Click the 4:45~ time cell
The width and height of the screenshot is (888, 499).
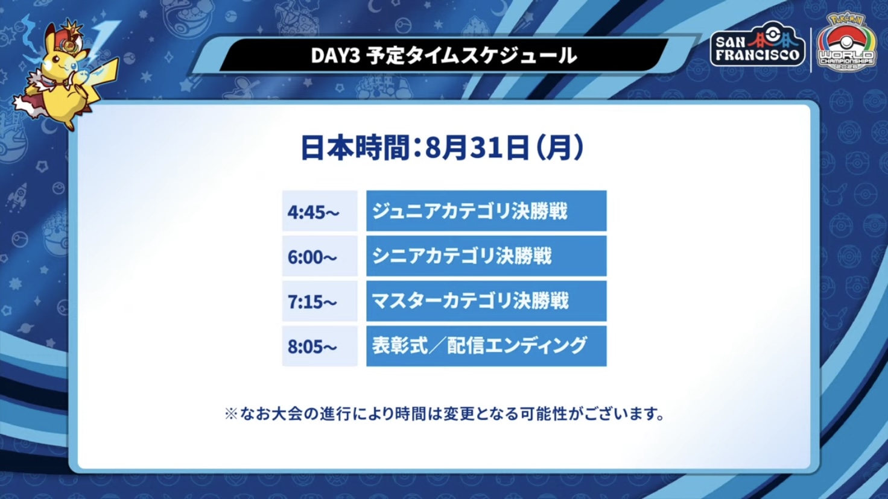(320, 211)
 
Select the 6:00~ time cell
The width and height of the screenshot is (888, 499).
(320, 256)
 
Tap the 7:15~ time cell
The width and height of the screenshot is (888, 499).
(320, 301)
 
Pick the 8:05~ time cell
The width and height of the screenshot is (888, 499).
(320, 346)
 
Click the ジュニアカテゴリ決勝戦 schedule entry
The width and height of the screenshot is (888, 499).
(486, 211)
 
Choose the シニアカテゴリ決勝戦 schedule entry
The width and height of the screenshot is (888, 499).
(486, 256)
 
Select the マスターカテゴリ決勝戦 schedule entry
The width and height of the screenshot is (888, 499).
(486, 301)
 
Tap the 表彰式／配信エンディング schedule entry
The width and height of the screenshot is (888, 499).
(486, 346)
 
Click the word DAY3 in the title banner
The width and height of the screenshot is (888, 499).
(335, 55)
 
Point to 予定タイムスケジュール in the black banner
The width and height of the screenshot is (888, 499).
(471, 55)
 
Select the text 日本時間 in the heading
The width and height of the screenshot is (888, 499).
(355, 148)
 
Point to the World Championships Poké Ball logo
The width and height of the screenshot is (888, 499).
(847, 42)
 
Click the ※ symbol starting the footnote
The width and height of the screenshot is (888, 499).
(230, 414)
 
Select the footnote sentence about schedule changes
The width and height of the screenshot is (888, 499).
(444, 414)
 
